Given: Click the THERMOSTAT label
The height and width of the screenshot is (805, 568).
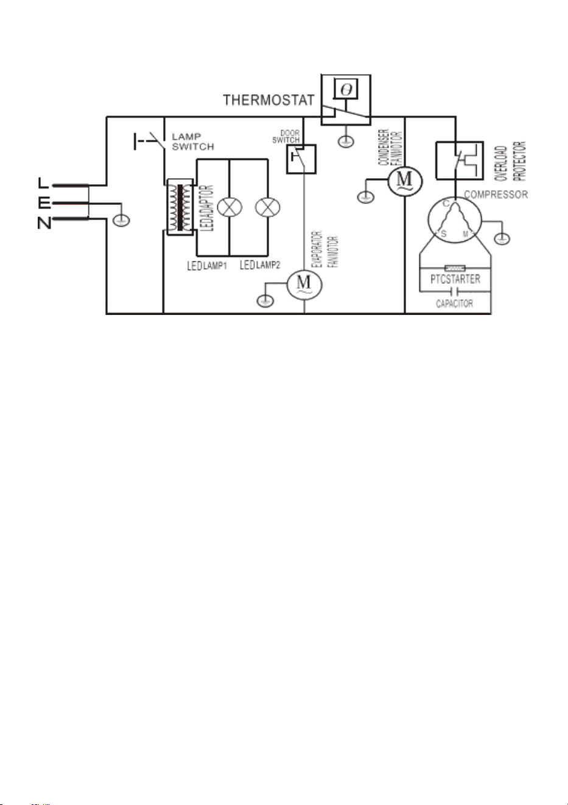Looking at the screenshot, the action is [268, 100].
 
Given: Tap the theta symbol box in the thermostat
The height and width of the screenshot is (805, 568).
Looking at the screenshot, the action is [346, 88].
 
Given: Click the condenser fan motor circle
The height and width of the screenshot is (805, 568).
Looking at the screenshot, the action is [405, 181].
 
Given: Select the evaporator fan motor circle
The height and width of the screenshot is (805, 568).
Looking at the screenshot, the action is [304, 285].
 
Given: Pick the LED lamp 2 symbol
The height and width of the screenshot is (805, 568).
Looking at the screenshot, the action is [267, 207].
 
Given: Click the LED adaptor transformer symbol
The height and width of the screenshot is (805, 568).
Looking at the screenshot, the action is [180, 208].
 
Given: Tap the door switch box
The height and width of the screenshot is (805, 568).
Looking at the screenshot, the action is [301, 159].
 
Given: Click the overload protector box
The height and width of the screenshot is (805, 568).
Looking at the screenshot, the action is [460, 161].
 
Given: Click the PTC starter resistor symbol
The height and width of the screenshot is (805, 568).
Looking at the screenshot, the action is [455, 268].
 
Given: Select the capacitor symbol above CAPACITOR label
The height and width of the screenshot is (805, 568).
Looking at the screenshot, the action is [455, 291].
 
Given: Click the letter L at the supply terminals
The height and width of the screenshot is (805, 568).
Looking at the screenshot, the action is [43, 183].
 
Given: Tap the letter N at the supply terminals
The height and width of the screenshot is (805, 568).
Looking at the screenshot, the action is [44, 223].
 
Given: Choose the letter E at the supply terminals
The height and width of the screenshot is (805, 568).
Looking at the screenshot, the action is [44, 204].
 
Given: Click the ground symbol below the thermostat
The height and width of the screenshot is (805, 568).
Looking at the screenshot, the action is [346, 141].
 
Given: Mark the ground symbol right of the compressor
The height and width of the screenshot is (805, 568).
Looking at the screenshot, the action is [502, 238].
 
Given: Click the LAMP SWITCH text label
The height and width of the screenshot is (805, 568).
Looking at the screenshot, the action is [193, 142].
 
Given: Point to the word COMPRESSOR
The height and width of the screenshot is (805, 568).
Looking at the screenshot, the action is [496, 195].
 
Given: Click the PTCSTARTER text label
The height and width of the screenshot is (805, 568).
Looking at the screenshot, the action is [455, 279].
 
